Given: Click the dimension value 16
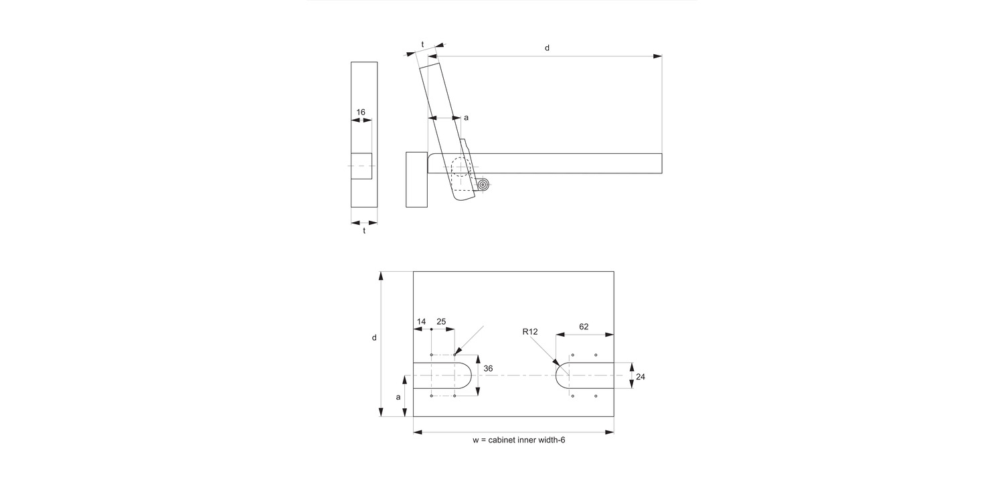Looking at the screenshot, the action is point(361,112).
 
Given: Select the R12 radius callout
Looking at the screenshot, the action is point(530,332).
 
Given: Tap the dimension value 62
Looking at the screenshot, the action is point(584,327).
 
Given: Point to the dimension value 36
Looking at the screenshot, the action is point(488,368).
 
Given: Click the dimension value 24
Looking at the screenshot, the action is point(641,377).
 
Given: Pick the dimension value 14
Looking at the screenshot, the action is point(421,321).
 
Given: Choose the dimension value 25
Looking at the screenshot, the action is point(442,321).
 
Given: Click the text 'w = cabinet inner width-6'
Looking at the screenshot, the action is point(519,440).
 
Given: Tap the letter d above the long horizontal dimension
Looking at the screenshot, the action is point(547,48).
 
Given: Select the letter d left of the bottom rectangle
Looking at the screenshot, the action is point(374,338).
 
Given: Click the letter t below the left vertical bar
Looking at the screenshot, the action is point(364,231).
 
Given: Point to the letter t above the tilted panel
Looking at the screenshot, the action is point(422,44).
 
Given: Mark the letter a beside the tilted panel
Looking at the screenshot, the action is point(466,118).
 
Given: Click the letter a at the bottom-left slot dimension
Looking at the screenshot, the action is point(398,397).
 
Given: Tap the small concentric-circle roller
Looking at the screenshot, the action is point(483,185).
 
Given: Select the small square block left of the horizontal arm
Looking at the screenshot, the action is point(416,179).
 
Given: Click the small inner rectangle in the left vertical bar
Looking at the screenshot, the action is point(361,166).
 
